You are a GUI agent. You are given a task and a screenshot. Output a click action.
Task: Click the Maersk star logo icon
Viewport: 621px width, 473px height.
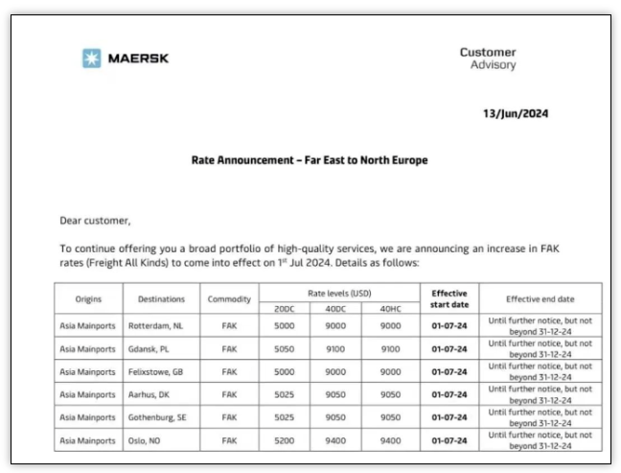[x=91, y=59]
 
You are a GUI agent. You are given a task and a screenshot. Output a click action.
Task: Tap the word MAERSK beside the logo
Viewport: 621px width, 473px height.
[x=139, y=59]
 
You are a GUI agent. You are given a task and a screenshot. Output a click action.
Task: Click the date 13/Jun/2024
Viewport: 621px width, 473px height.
[x=515, y=113]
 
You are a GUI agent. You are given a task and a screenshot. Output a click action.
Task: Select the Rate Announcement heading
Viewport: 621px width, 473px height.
[x=310, y=160]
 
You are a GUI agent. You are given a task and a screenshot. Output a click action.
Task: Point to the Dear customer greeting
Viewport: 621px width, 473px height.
[x=94, y=221]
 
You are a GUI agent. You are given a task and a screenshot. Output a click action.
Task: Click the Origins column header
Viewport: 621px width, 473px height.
[x=88, y=299]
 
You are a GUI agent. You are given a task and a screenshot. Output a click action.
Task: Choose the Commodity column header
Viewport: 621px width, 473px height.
[x=229, y=299]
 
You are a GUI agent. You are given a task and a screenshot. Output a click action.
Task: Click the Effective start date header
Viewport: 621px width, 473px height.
[x=448, y=299]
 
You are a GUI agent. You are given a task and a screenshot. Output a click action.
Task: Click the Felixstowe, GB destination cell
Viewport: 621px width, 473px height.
[x=156, y=371]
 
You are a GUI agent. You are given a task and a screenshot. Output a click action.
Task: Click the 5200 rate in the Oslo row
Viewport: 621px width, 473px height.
[x=285, y=440]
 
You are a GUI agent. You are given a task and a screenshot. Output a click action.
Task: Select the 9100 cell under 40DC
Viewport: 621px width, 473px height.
[x=336, y=348]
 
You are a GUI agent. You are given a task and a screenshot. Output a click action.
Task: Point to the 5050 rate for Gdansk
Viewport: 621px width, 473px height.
[x=285, y=348]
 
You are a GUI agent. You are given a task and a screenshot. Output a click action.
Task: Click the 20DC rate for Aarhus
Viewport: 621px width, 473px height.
[x=285, y=394]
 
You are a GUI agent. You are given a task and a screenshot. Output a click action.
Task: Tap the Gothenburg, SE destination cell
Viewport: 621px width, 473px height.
[x=157, y=417]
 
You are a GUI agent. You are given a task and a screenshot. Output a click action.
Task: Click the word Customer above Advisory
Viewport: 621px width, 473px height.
[x=487, y=52]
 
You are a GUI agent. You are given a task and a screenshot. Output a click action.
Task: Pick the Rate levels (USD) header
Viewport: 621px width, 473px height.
[x=338, y=292]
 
